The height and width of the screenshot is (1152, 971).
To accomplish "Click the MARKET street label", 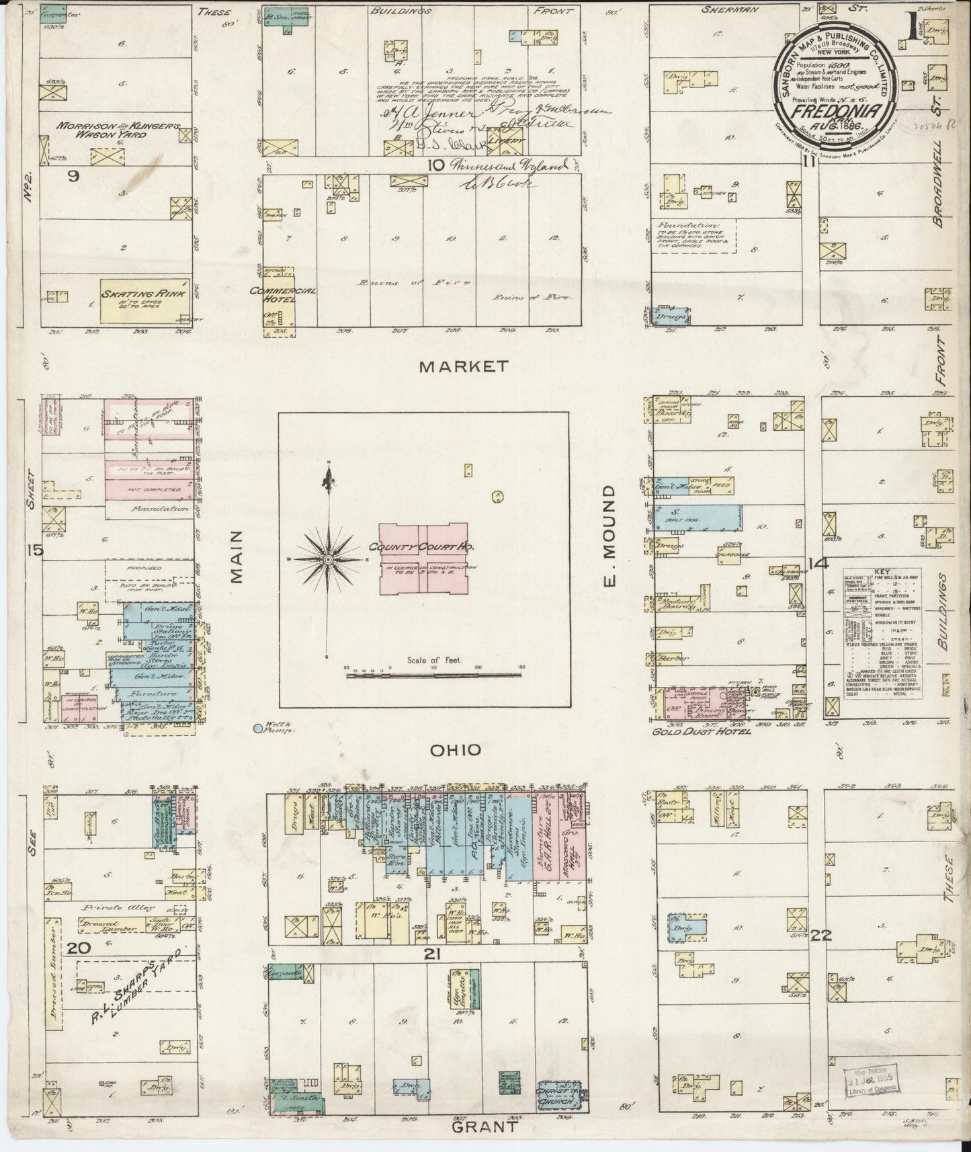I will click(x=462, y=367).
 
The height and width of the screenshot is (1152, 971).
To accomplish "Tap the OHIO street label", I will click(x=460, y=749).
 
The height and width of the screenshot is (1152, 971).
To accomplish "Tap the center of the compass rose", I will click(x=328, y=559).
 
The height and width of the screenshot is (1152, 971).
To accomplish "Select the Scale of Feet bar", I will click(x=434, y=672).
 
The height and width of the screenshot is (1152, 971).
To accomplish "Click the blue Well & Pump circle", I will click(x=257, y=727).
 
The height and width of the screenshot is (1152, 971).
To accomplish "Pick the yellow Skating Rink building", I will click(x=144, y=300).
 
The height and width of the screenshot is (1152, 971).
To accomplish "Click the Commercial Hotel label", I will click(x=273, y=296).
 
